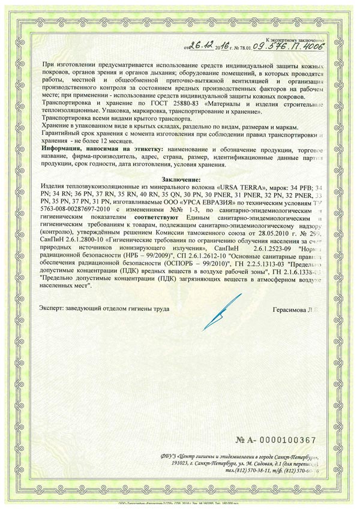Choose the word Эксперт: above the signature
[x=55, y=308]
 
